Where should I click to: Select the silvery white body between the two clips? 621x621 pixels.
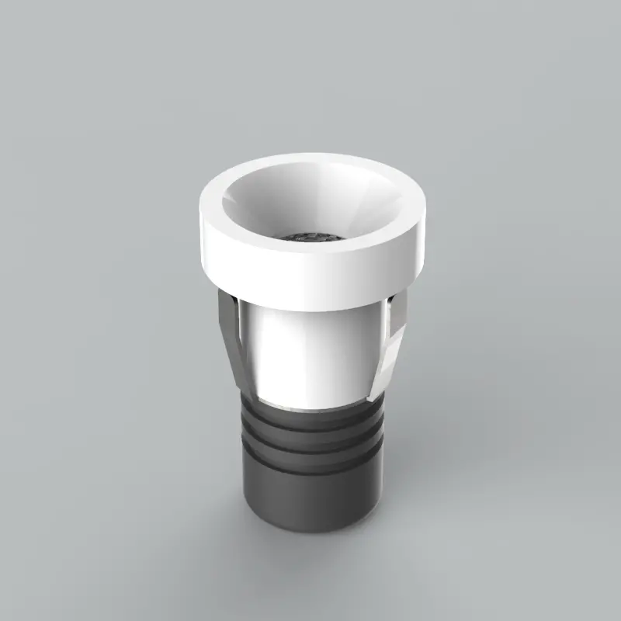click(310, 349)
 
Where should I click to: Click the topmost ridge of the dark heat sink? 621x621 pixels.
click(310, 419)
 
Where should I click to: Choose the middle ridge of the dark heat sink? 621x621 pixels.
click(310, 439)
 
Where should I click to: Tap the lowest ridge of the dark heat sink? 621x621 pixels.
click(310, 458)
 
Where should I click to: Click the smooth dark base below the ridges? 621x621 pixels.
click(310, 497)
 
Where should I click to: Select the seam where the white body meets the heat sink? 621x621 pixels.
click(310, 408)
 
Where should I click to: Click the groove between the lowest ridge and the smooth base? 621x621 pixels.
click(310, 468)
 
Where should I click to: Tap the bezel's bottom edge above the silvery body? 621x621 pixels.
click(310, 305)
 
